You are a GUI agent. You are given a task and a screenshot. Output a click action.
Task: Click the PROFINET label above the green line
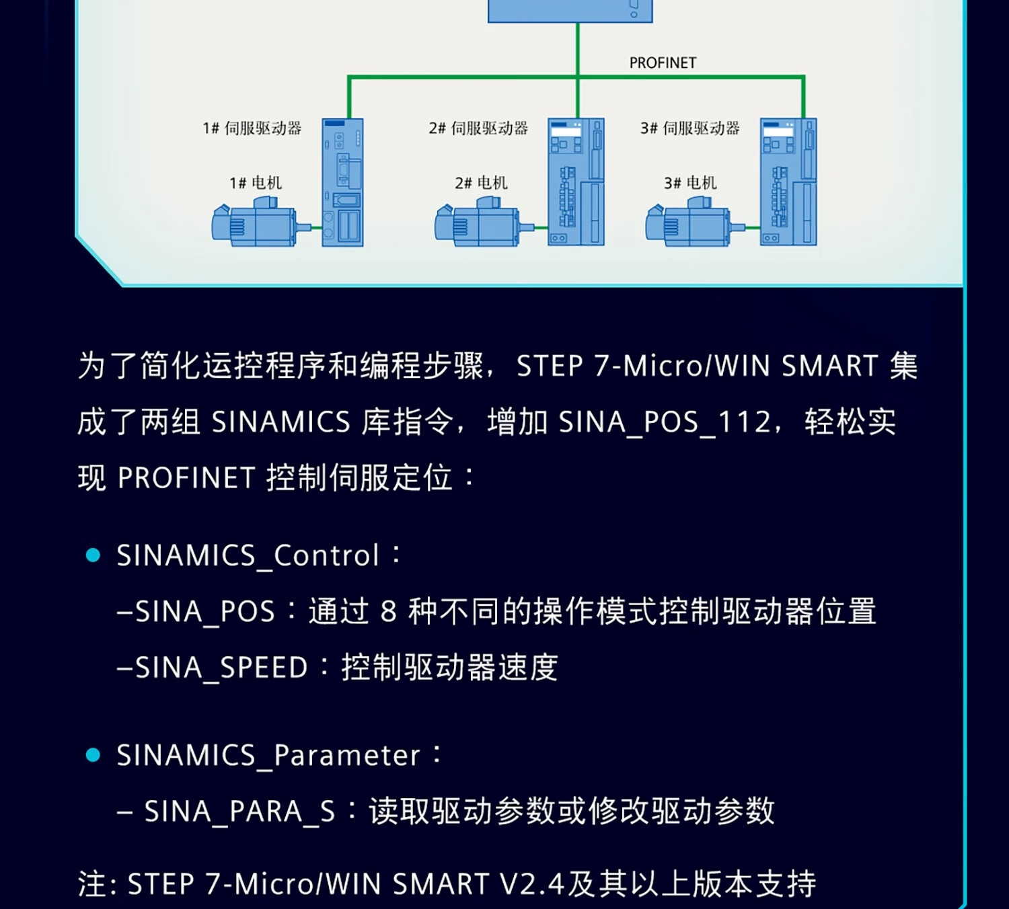coord(663,63)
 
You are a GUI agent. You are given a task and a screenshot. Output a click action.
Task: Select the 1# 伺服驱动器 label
coord(252,128)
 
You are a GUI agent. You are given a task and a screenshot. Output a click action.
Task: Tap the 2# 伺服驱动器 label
coord(478,128)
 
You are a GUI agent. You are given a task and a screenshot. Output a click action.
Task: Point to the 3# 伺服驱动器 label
coord(690,128)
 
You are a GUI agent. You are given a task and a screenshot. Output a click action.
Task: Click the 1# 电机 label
coord(256,183)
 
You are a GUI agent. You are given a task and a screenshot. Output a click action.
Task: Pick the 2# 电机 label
coord(481,183)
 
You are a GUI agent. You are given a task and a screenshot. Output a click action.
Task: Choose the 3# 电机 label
coord(690,183)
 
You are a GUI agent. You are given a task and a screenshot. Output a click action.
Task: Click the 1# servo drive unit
coord(342,182)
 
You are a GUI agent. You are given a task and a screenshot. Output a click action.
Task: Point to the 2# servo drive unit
coord(576,182)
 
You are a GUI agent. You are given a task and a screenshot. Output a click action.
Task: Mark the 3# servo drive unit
coord(788,182)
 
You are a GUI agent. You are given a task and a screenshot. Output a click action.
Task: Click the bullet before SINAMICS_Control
coord(94,555)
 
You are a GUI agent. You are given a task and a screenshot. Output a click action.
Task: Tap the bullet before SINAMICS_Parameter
coord(94,755)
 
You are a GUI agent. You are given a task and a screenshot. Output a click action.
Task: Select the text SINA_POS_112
coord(665,422)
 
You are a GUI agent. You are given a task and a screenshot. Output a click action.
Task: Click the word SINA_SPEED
coord(221,668)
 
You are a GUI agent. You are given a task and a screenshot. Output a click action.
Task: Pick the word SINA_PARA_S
coord(239,812)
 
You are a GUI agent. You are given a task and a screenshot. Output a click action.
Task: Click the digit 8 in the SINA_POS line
coord(388,612)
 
